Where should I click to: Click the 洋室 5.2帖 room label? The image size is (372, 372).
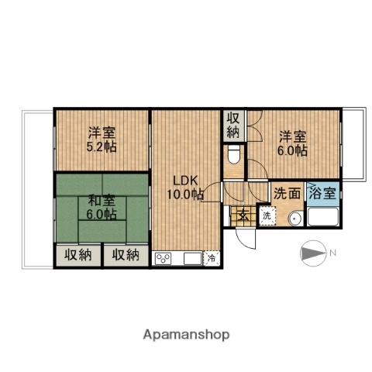(101, 139)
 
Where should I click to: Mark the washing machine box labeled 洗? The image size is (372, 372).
(266, 215)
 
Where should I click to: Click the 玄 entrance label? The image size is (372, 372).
(242, 215)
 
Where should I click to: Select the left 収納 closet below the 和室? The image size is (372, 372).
(77, 254)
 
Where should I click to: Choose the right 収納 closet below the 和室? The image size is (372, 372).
(124, 254)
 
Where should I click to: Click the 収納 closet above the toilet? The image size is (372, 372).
(233, 126)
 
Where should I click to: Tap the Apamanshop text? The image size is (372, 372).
(186, 335)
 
